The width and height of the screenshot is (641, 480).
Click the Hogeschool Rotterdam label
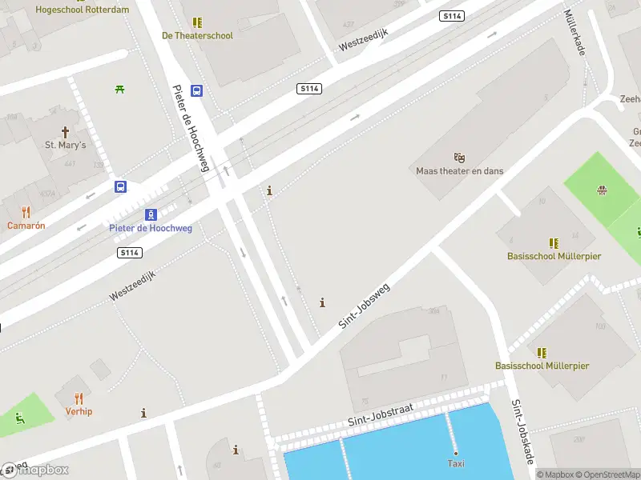coord(83,10)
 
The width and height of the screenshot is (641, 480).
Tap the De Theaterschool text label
coord(197,35)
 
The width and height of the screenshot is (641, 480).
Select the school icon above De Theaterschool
coord(197,23)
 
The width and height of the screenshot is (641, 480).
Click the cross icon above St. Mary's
coord(65,132)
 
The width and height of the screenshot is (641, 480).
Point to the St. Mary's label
coord(65,145)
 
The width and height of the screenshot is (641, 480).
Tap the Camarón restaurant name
coord(26,225)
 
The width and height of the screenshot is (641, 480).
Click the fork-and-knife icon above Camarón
coord(26,212)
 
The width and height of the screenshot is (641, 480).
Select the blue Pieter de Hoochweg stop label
coord(151,228)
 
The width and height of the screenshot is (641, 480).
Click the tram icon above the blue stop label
coord(151,214)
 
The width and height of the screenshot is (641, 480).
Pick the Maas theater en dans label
coord(459,170)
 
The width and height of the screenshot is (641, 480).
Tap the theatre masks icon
coord(459,158)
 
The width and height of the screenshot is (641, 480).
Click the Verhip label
coord(79,411)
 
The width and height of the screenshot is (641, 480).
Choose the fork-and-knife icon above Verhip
coord(79,398)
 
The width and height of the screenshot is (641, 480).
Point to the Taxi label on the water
coord(456,463)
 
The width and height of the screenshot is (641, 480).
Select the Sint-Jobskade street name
coord(522,431)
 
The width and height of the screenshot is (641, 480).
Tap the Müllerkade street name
coord(574,33)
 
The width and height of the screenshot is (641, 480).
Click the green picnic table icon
coord(119,89)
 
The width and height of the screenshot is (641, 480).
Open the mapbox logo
coord(36,470)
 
